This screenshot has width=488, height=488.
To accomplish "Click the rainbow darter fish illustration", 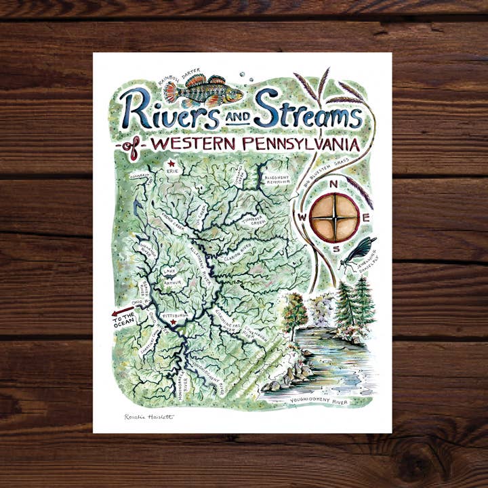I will (x=203, y=90).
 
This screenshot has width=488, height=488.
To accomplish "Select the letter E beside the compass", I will (x=366, y=218).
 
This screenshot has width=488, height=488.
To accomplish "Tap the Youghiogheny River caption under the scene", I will (x=319, y=401).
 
